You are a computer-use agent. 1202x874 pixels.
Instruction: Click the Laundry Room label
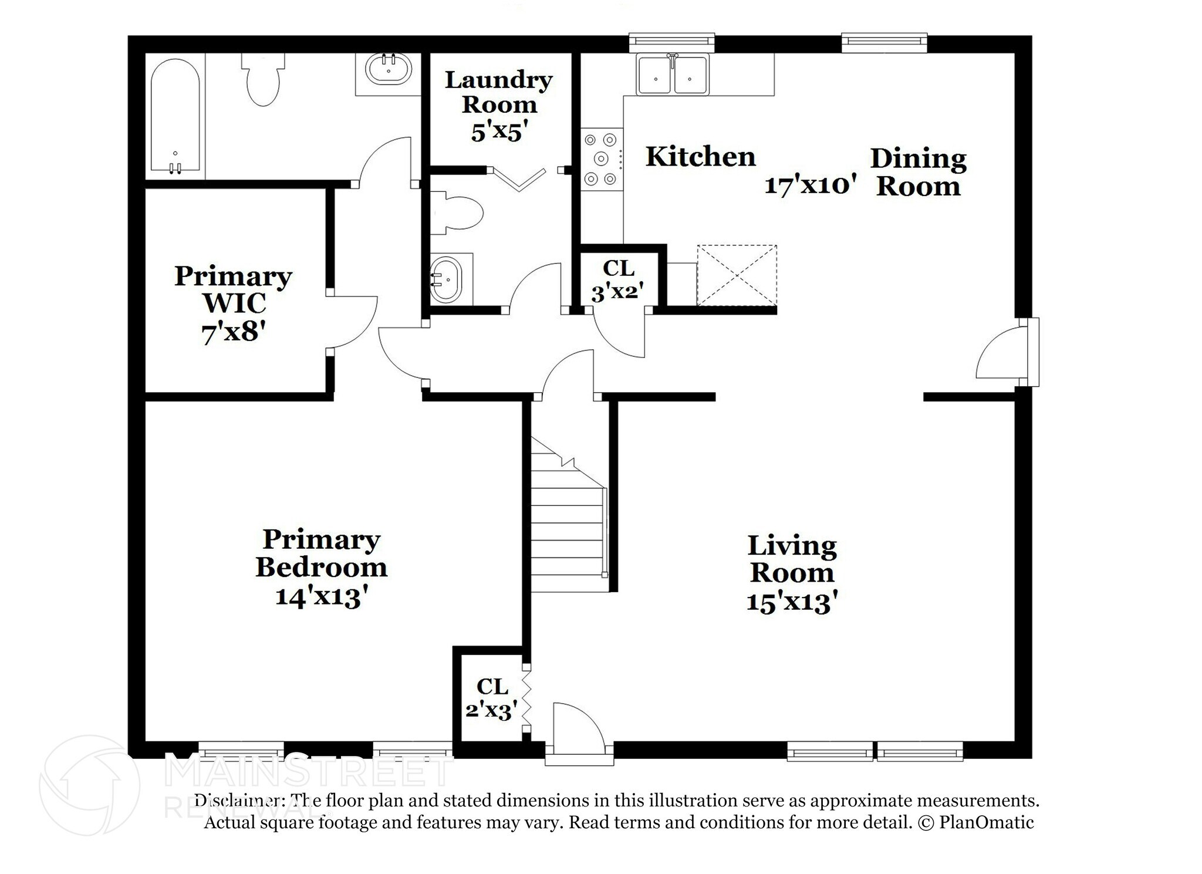(498, 92)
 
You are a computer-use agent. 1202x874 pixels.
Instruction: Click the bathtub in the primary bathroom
(175, 116)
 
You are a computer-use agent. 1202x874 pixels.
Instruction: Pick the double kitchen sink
(673, 74)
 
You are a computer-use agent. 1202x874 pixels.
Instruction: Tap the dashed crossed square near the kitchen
(737, 275)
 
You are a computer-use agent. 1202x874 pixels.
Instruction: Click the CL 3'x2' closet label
(618, 279)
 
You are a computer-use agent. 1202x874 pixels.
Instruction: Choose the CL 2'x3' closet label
(492, 698)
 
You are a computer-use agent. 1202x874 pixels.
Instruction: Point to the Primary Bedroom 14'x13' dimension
(322, 597)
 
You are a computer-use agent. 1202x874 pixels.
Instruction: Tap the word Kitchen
(701, 157)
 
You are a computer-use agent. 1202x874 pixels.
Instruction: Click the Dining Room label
(919, 172)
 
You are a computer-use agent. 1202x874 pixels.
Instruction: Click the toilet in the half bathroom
(457, 212)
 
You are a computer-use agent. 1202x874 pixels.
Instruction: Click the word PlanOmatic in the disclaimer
(986, 822)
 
